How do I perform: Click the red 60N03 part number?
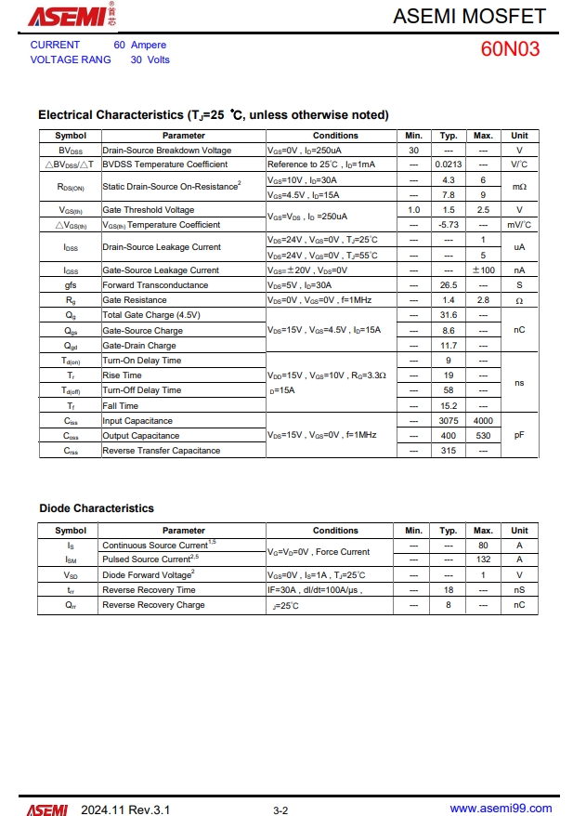point(510,49)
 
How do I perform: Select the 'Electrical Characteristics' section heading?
point(213,115)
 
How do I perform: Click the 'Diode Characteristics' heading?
point(97,508)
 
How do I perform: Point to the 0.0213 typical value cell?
point(449,165)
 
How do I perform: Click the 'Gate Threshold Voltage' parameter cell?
point(149,210)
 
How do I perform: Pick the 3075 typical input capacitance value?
point(449,421)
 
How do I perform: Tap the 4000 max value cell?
point(483,421)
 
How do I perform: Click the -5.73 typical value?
point(449,225)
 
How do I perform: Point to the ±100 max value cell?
point(483,270)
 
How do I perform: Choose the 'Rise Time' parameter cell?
point(123,375)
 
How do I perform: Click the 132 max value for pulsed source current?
point(483,559)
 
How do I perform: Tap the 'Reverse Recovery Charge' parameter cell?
point(153,605)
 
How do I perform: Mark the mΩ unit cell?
point(519,187)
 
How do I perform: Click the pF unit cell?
point(519,435)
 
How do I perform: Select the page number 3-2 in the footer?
point(280,810)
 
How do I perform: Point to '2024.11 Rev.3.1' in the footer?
point(124,809)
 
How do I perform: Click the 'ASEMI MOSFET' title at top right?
point(469,16)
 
